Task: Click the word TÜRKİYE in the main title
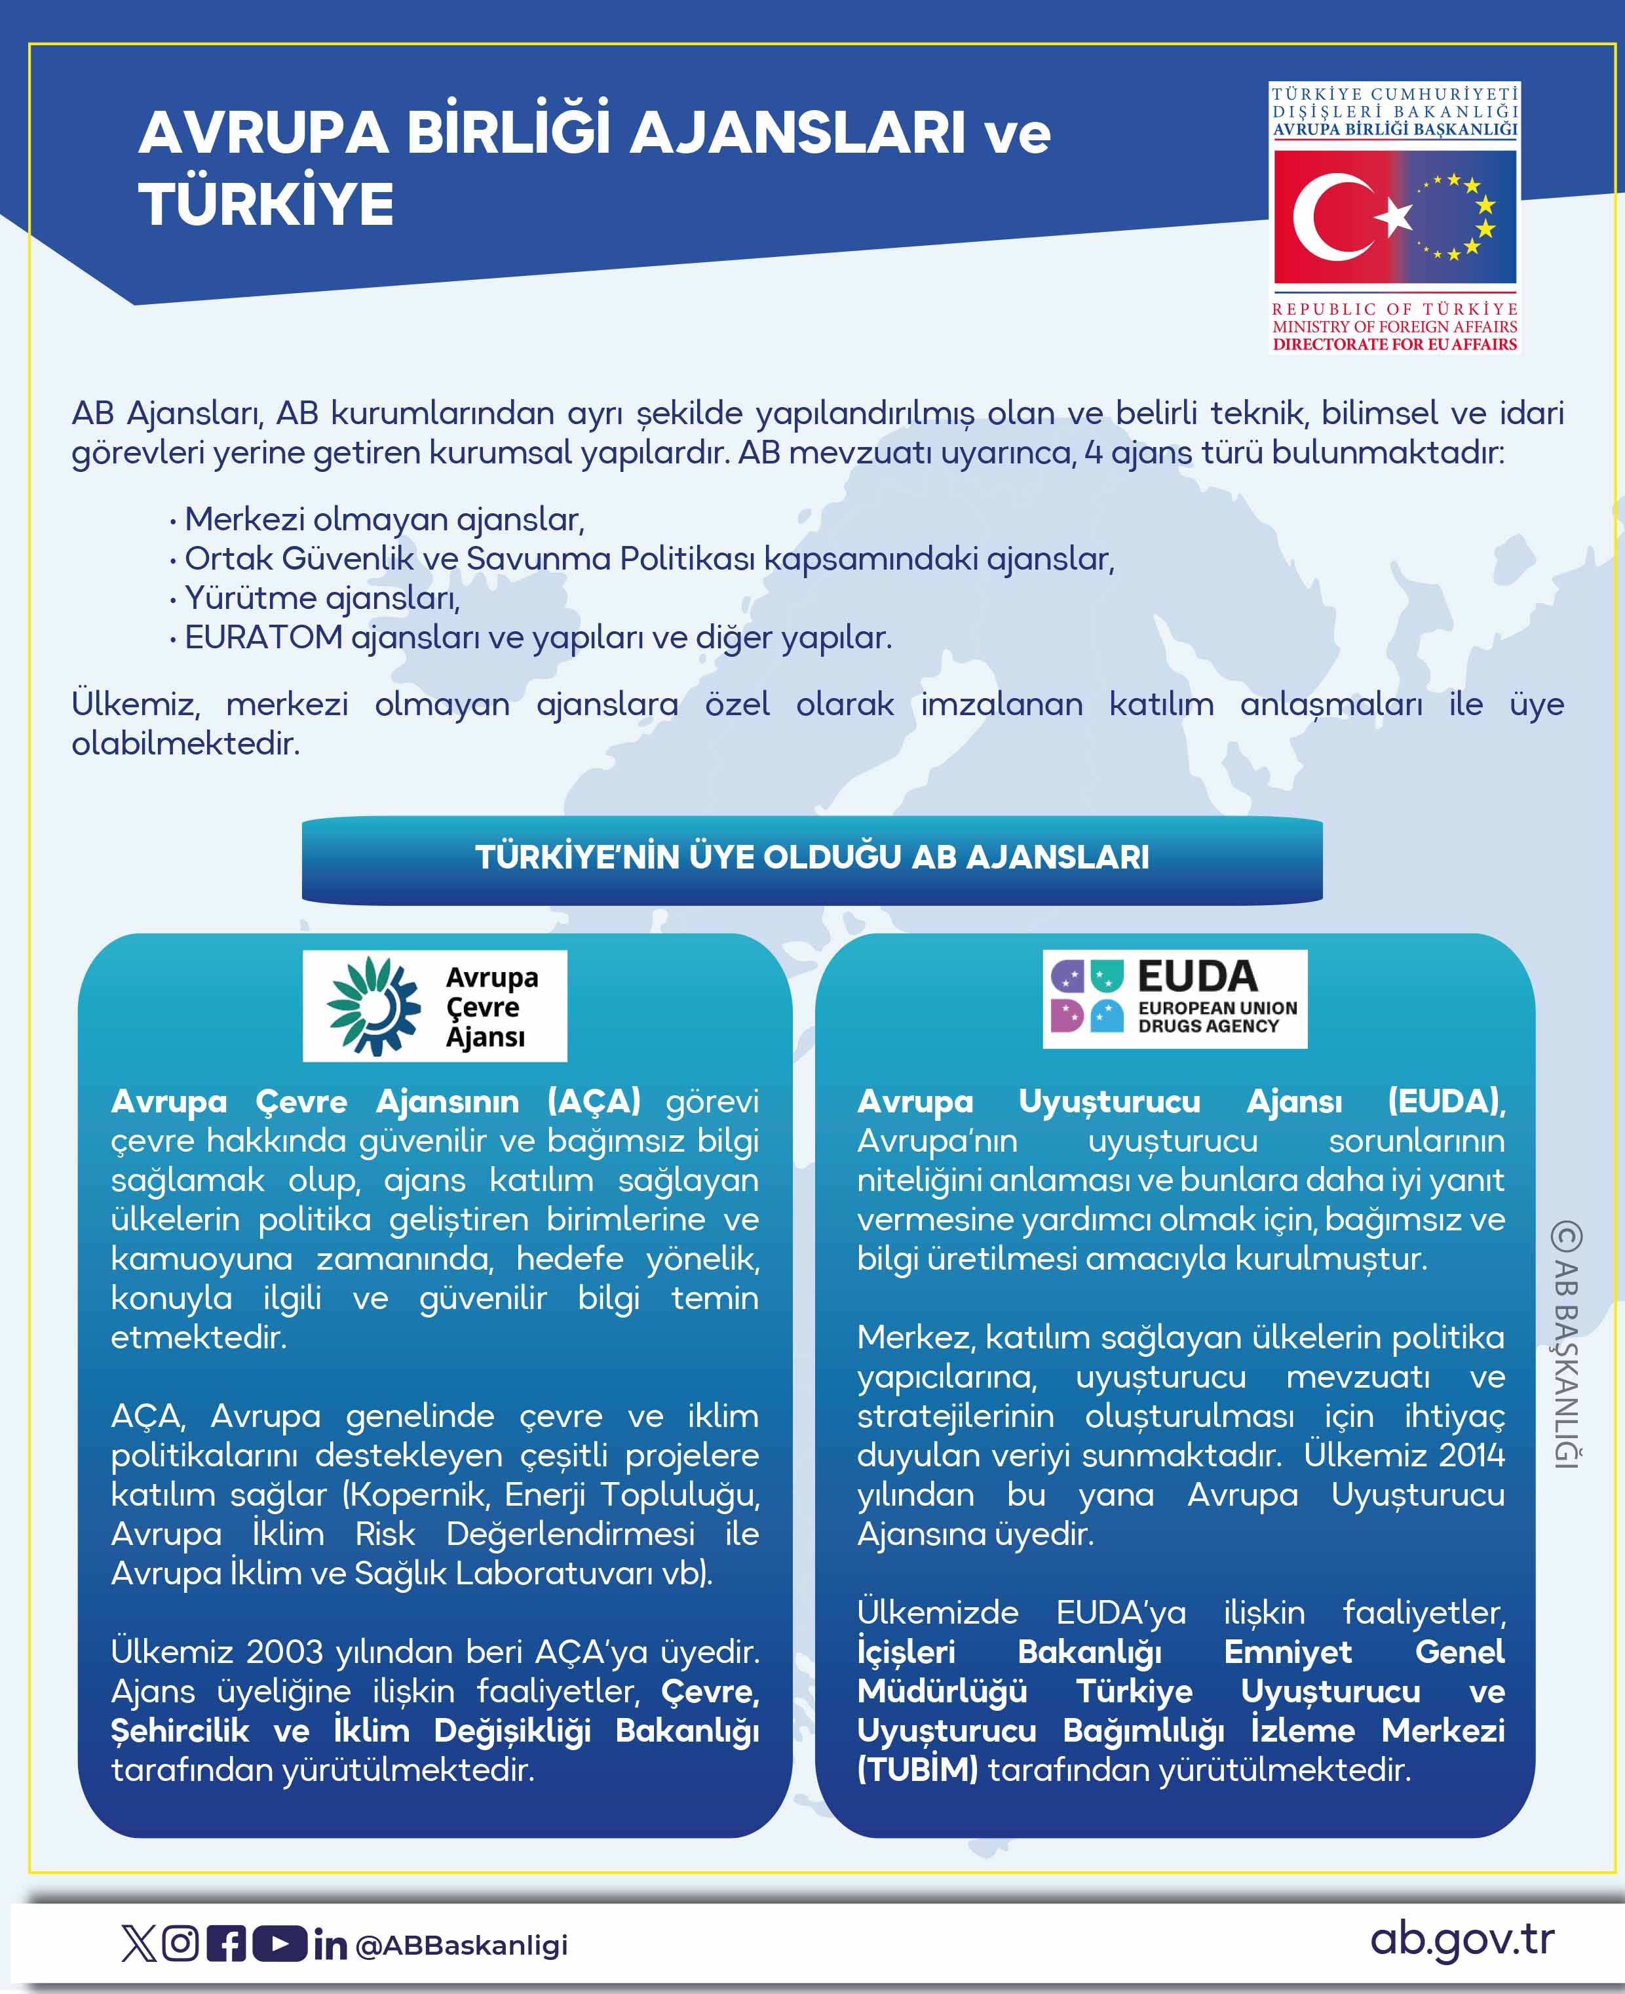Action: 266,204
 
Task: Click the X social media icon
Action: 138,1944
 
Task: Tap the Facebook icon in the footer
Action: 225,1944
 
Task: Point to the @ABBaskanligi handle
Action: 463,1945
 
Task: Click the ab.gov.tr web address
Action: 1462,1940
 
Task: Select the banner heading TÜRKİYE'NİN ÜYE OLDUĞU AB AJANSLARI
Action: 812,857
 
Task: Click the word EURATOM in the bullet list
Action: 264,638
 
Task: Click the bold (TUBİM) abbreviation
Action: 917,1769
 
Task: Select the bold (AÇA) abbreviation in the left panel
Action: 594,1101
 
